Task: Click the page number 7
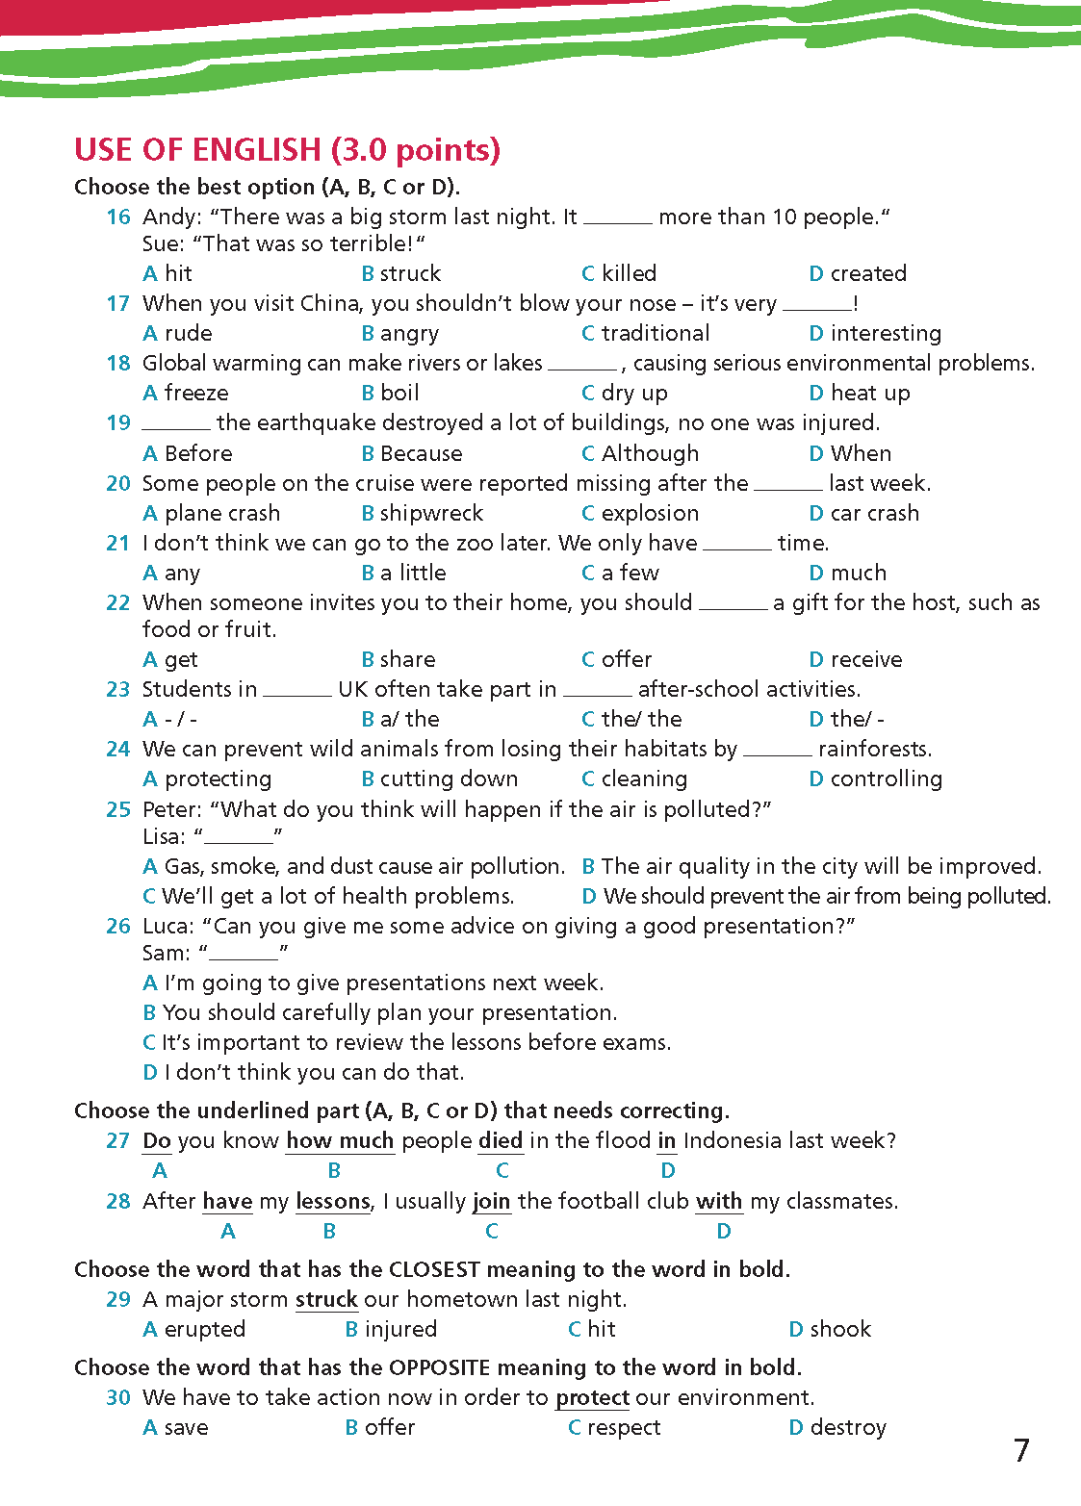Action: [x=1021, y=1450]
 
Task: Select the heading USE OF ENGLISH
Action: [x=287, y=150]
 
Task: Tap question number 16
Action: [x=118, y=217]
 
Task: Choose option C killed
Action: [x=619, y=273]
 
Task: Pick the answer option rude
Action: [x=178, y=333]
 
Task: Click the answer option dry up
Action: [x=625, y=393]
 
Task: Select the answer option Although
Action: [x=640, y=453]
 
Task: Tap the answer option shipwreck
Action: [x=423, y=513]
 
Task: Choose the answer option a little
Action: [x=404, y=573]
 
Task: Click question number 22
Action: [x=118, y=603]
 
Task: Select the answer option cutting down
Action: [x=440, y=779]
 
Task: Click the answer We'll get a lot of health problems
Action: [x=329, y=896]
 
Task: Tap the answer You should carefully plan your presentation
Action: [x=380, y=1012]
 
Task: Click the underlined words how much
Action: [x=341, y=1141]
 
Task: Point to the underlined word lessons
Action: [x=333, y=1202]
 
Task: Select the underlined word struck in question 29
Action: [x=326, y=1299]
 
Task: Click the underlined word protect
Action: [x=593, y=1397]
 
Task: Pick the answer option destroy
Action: [x=837, y=1427]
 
